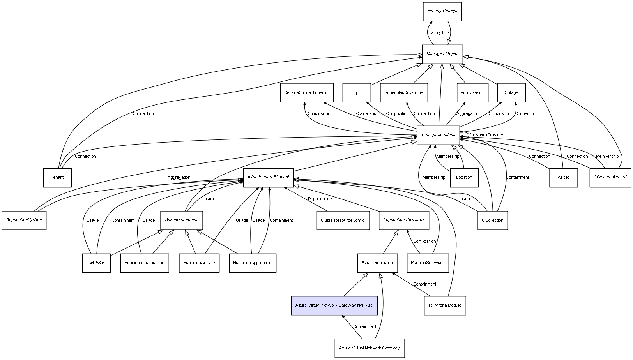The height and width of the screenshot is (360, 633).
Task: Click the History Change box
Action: [x=442, y=11]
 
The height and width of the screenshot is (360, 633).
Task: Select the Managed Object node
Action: [x=442, y=54]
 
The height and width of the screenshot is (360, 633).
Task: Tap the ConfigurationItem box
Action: [x=438, y=135]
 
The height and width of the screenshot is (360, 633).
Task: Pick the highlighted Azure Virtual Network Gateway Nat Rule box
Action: [x=334, y=305]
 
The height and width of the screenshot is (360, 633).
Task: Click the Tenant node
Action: [x=57, y=178]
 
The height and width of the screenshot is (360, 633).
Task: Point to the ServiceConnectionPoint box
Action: [x=306, y=93]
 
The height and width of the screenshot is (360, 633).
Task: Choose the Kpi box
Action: [x=356, y=93]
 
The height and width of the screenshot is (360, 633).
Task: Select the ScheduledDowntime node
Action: [x=403, y=93]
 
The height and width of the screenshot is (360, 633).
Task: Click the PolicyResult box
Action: [x=472, y=93]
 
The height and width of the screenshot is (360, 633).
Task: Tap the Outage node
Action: [x=511, y=93]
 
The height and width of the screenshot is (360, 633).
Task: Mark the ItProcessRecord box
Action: [x=610, y=178]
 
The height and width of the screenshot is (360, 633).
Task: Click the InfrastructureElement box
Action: [x=268, y=178]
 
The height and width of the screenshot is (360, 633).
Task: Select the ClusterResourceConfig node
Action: [x=343, y=221]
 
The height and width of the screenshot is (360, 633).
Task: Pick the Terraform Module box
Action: [x=444, y=305]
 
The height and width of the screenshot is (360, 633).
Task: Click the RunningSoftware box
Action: [x=427, y=263]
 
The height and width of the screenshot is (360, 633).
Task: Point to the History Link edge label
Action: [x=439, y=33]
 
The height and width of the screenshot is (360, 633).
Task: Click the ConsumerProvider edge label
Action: [x=486, y=135]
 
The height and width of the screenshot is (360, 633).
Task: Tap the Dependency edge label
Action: [x=320, y=199]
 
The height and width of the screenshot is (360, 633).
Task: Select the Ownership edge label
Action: [x=366, y=114]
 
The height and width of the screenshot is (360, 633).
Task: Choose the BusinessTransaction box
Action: [x=144, y=263]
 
